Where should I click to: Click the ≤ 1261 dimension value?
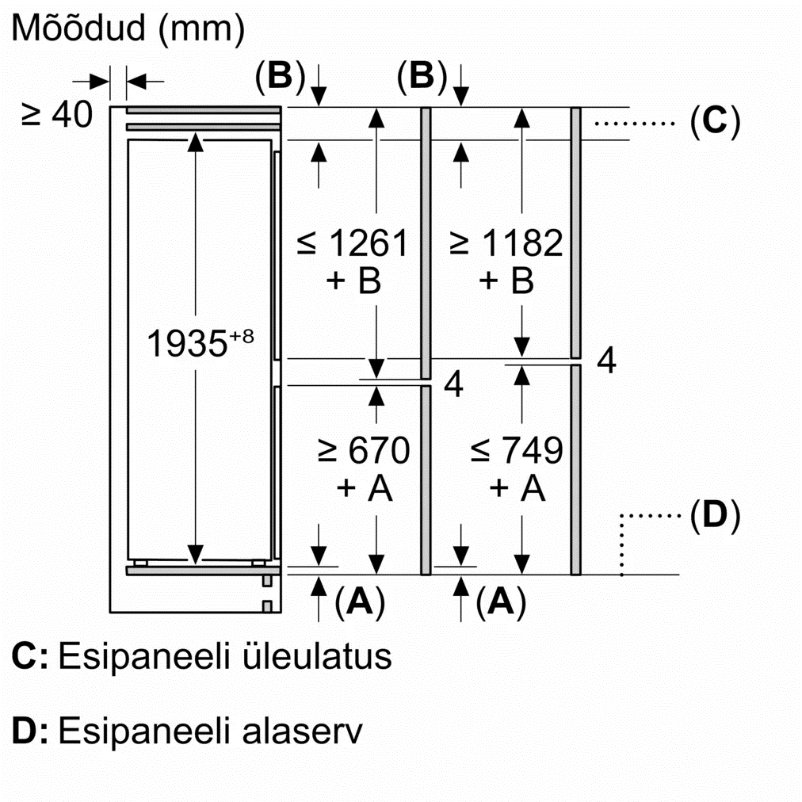pos(353,243)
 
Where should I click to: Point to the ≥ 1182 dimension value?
pos(506,243)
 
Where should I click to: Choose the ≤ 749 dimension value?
pos(516,451)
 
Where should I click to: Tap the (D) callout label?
pos(714,516)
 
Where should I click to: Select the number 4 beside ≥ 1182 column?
pos(606,361)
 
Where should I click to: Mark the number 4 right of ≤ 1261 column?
pos(453,384)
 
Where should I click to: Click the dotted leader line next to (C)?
pos(632,123)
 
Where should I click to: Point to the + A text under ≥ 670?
pos(365,489)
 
